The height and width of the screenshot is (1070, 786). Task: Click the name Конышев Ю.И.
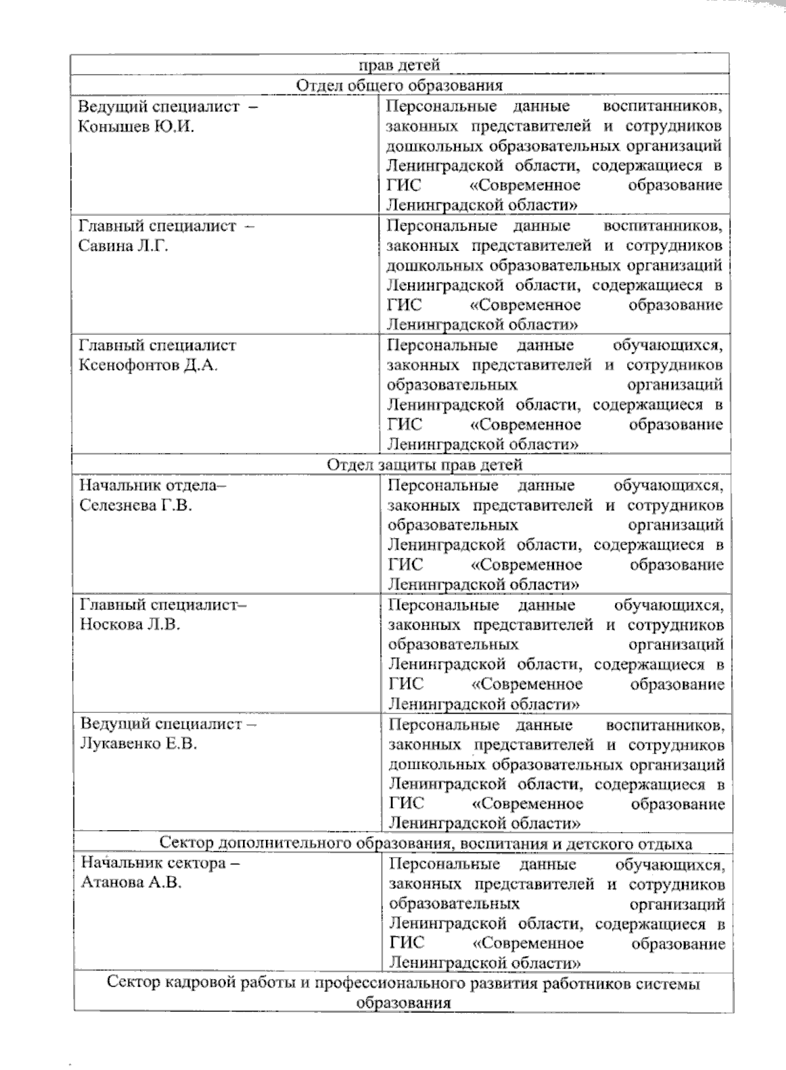click(x=136, y=126)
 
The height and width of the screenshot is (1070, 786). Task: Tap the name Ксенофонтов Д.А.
click(x=148, y=365)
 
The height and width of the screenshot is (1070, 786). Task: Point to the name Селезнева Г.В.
click(x=136, y=505)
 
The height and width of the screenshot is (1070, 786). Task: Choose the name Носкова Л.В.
click(x=130, y=624)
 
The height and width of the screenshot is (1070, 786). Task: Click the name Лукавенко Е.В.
click(x=138, y=744)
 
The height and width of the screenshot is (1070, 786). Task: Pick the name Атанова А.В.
click(x=131, y=883)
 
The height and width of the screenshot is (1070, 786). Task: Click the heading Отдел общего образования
click(x=400, y=86)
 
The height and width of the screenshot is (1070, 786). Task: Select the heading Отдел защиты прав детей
click(x=424, y=465)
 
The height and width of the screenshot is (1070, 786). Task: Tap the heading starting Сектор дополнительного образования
click(x=426, y=843)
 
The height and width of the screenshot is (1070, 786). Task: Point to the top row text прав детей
click(x=400, y=64)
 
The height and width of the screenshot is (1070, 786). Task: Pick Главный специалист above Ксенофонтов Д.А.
click(x=157, y=345)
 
